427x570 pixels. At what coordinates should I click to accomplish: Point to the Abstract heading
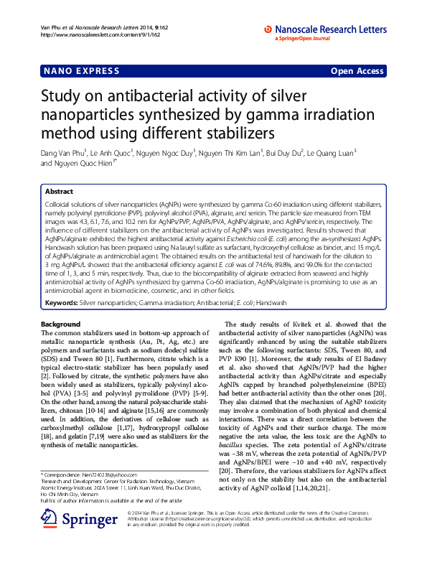(x=59, y=192)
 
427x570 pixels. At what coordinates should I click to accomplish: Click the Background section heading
(x=61, y=324)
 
